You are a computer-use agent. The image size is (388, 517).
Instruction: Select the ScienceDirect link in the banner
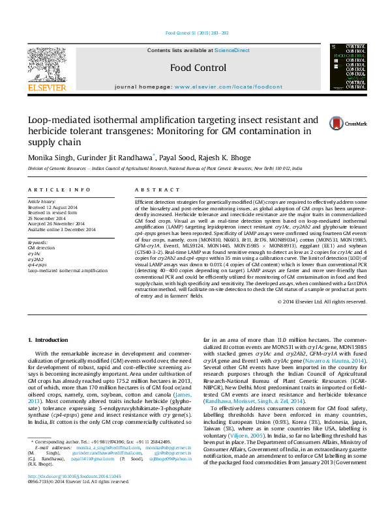pos(232,50)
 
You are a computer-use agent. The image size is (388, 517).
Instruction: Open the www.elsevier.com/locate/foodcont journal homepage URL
pos(229,87)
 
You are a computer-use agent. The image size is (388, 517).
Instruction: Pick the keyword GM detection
pos(41,248)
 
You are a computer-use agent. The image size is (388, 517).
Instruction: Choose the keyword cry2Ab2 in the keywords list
pos(37,259)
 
